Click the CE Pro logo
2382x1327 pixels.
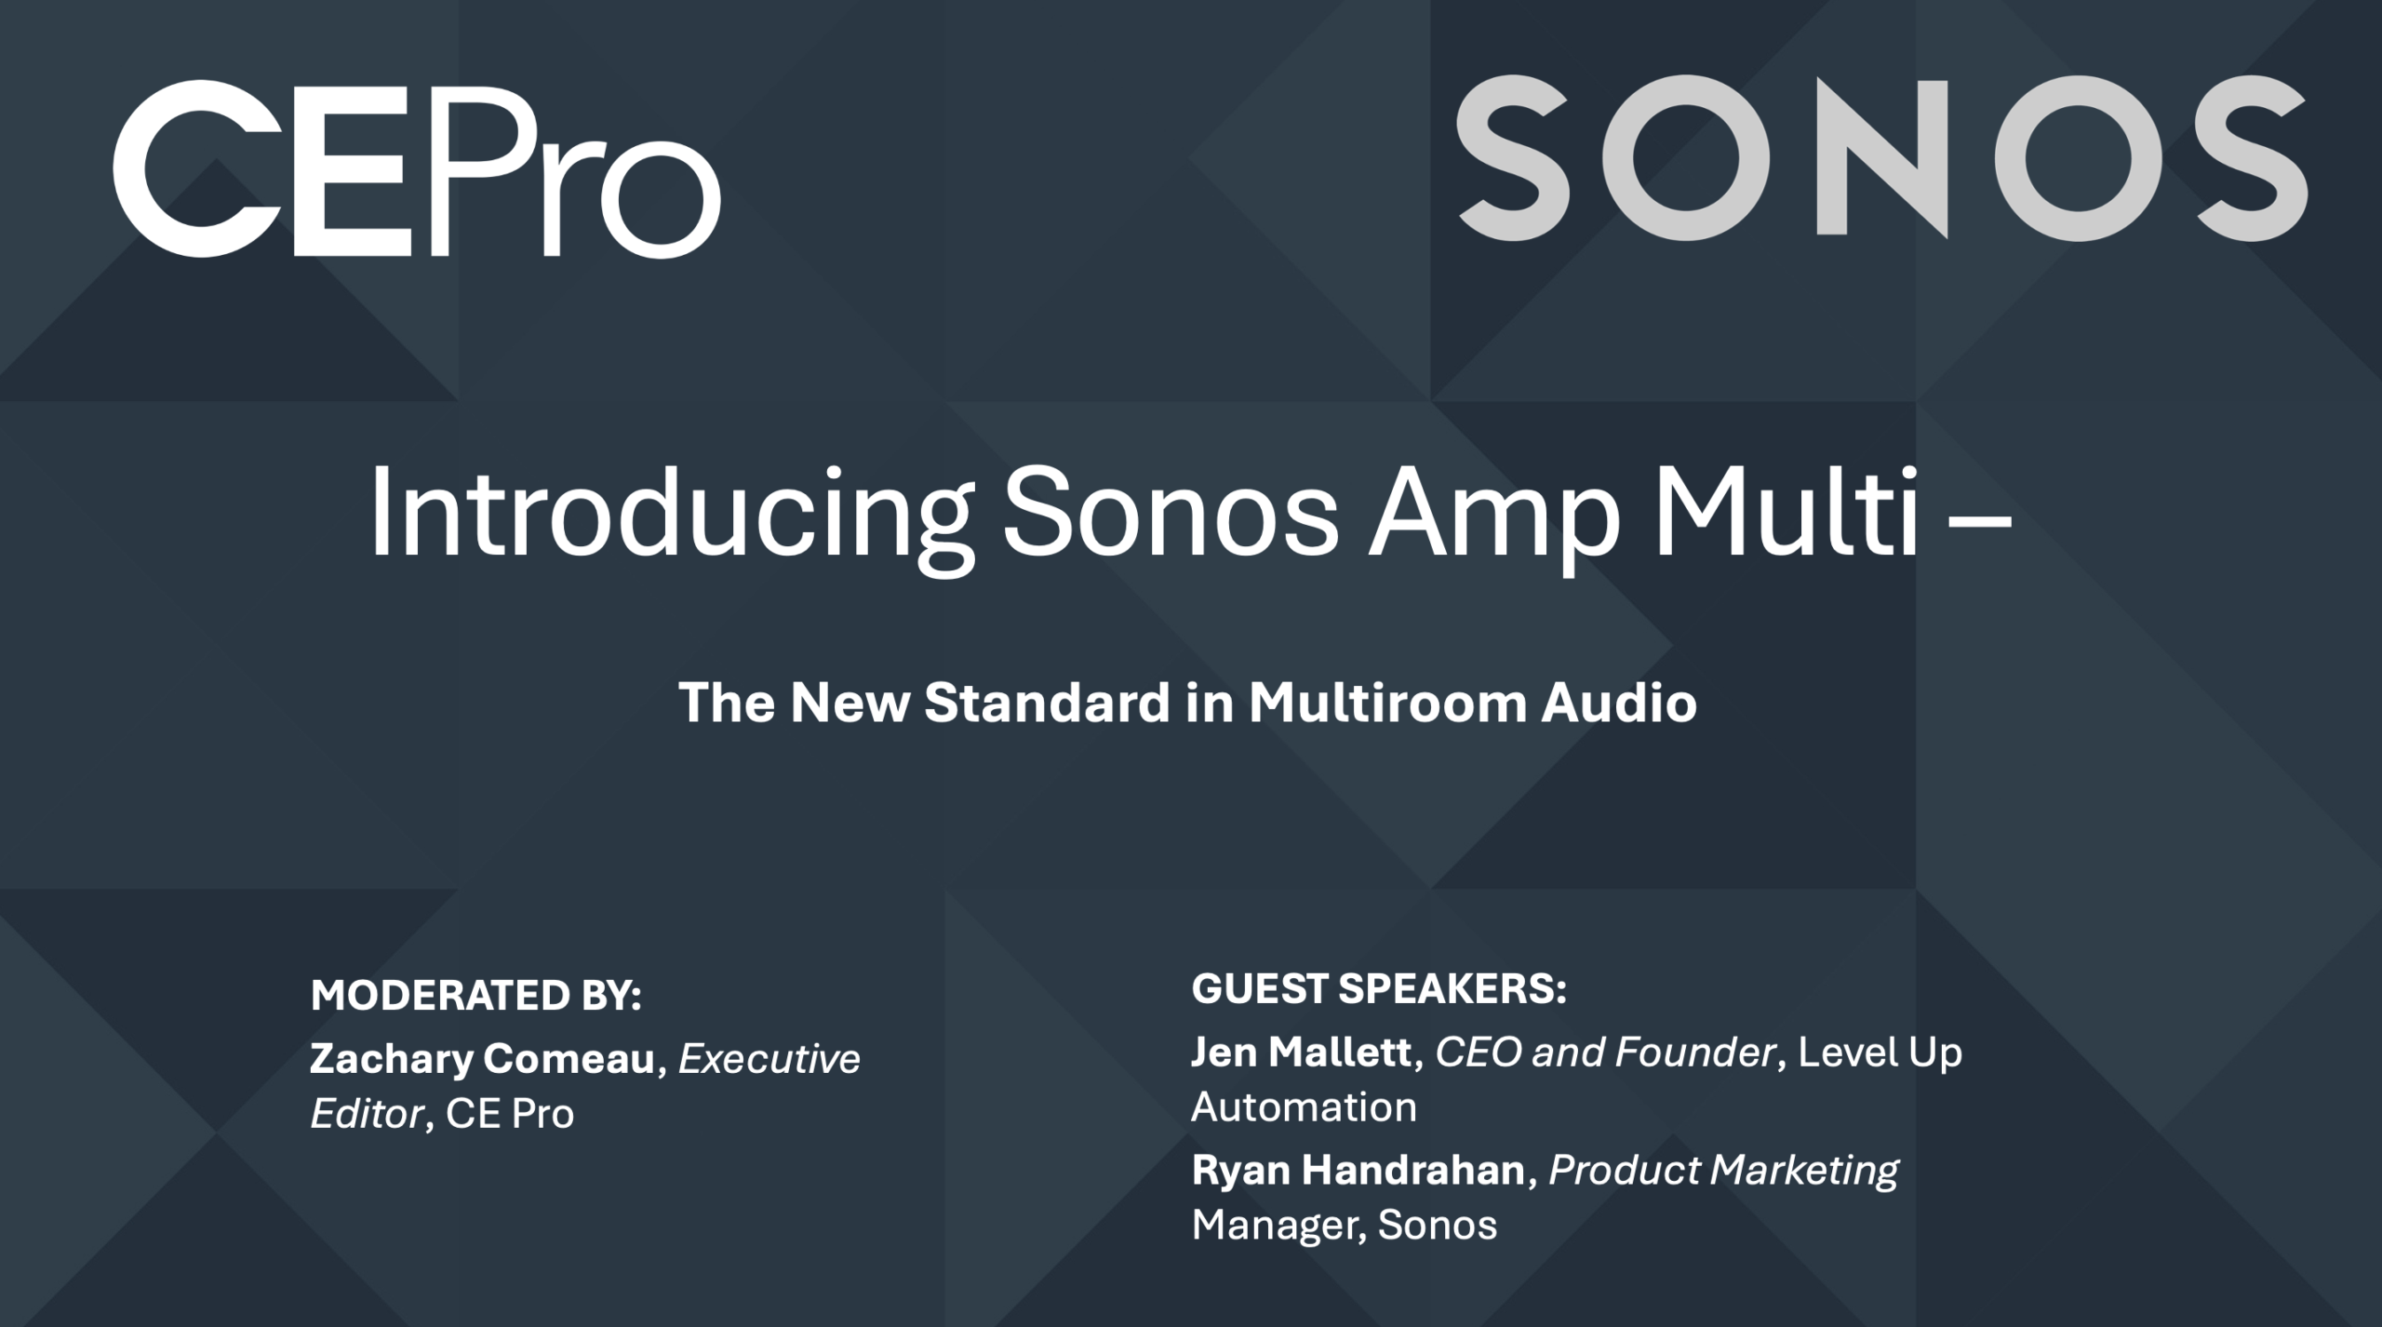click(x=417, y=168)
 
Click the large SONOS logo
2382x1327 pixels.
click(x=1880, y=157)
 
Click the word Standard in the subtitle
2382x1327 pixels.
click(x=1047, y=703)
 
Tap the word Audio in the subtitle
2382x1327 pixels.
click(x=1619, y=703)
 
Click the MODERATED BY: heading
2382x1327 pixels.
click(x=476, y=996)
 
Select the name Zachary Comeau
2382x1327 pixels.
click(x=483, y=1060)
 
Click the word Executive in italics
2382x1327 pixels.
click(x=769, y=1059)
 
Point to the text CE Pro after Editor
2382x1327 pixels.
click(x=510, y=1114)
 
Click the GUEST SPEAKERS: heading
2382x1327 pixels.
click(x=1379, y=989)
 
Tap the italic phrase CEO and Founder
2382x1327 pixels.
click(x=1605, y=1052)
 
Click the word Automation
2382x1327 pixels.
click(x=1305, y=1107)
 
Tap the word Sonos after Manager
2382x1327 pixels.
click(x=1438, y=1226)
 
